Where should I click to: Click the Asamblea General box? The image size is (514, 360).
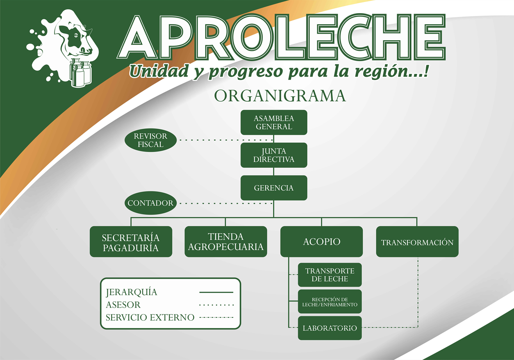coord(274,122)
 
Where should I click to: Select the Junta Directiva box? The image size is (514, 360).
coord(274,155)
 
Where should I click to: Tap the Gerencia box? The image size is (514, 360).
coord(274,188)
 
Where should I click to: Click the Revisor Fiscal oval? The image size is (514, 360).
coord(150,140)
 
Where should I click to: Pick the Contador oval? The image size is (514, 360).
coord(150,203)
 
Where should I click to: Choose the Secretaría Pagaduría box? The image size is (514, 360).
coord(131,242)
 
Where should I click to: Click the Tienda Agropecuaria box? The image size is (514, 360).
coord(226,242)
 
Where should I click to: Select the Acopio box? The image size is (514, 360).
coord(321,242)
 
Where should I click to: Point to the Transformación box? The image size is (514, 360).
coord(417,242)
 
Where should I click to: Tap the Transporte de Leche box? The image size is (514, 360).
coord(330,275)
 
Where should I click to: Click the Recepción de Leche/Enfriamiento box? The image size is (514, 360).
coord(330,301)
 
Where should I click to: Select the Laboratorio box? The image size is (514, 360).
coord(330,328)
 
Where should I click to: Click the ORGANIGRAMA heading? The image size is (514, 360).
coord(280,96)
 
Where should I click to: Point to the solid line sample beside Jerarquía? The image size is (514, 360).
coord(216,292)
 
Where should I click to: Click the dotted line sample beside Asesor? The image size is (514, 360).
coord(216,305)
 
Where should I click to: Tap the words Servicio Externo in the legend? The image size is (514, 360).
coord(150,317)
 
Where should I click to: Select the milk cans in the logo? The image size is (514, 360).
coord(80,72)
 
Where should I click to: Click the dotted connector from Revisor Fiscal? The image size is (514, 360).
coord(226,140)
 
